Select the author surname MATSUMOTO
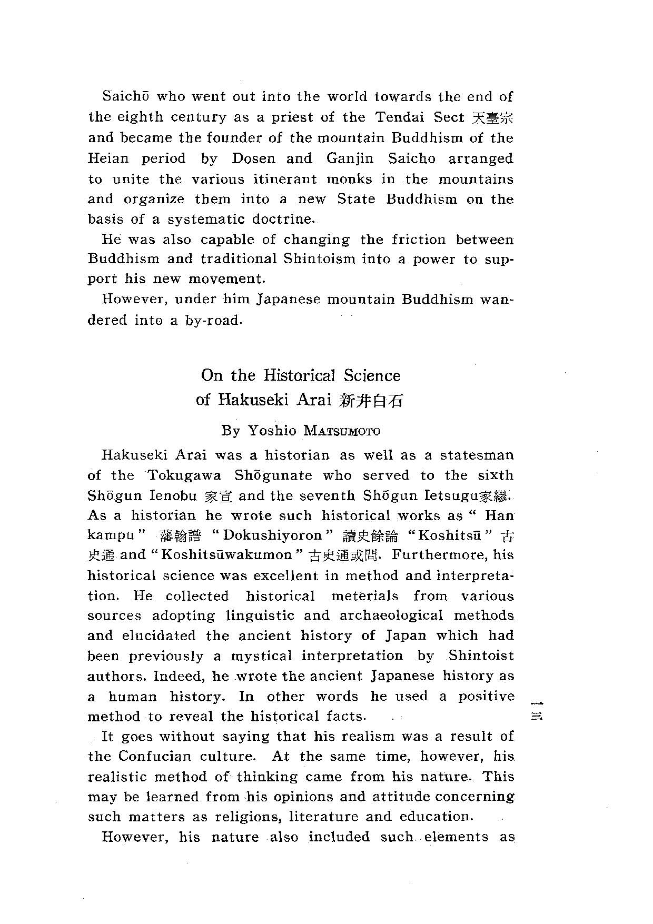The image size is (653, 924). click(342, 431)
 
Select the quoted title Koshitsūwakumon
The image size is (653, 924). click(227, 555)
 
